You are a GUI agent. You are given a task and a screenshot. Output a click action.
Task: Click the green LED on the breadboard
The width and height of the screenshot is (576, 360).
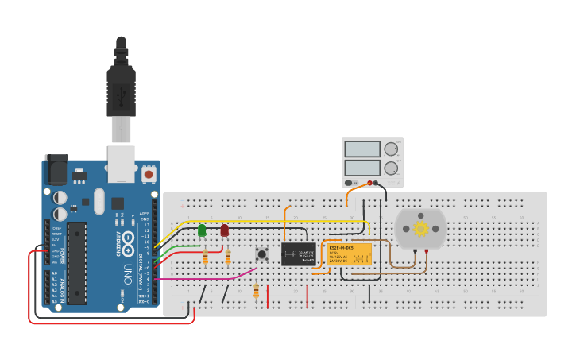[x=202, y=230]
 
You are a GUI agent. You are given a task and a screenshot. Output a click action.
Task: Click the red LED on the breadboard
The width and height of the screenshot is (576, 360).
[x=225, y=230]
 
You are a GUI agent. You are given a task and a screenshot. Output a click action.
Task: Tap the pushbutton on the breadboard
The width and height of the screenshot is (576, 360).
[x=261, y=254]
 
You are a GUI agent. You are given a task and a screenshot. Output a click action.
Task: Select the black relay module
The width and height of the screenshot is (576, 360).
[x=298, y=254]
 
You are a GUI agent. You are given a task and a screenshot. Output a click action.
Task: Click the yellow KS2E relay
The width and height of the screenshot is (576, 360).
[x=350, y=254]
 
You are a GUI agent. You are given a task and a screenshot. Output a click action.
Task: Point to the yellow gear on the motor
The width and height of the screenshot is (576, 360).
[x=420, y=228]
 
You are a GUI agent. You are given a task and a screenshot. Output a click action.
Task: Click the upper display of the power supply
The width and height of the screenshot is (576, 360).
[x=362, y=149]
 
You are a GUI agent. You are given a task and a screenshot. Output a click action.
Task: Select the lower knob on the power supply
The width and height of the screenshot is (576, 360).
[x=391, y=168]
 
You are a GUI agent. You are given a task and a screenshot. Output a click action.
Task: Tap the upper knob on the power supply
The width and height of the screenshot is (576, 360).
[x=391, y=149]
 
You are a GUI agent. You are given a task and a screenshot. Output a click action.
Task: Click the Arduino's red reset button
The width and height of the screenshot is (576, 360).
[x=149, y=172]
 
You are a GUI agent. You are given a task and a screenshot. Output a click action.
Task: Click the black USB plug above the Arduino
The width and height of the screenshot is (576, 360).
[x=121, y=83]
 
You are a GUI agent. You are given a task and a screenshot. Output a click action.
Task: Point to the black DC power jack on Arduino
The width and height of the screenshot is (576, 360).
[x=56, y=170]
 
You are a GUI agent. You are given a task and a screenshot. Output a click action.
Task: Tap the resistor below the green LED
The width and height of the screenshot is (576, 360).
[x=206, y=257]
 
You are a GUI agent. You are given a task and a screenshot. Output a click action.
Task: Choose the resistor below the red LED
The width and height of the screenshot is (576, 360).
[x=228, y=257]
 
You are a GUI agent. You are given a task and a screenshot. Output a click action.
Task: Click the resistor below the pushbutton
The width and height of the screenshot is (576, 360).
[x=256, y=291]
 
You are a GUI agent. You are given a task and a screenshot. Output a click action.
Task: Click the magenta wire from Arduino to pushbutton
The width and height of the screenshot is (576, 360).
[x=207, y=279]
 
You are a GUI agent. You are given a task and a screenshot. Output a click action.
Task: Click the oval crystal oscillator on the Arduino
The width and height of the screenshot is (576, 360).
[x=99, y=200]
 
